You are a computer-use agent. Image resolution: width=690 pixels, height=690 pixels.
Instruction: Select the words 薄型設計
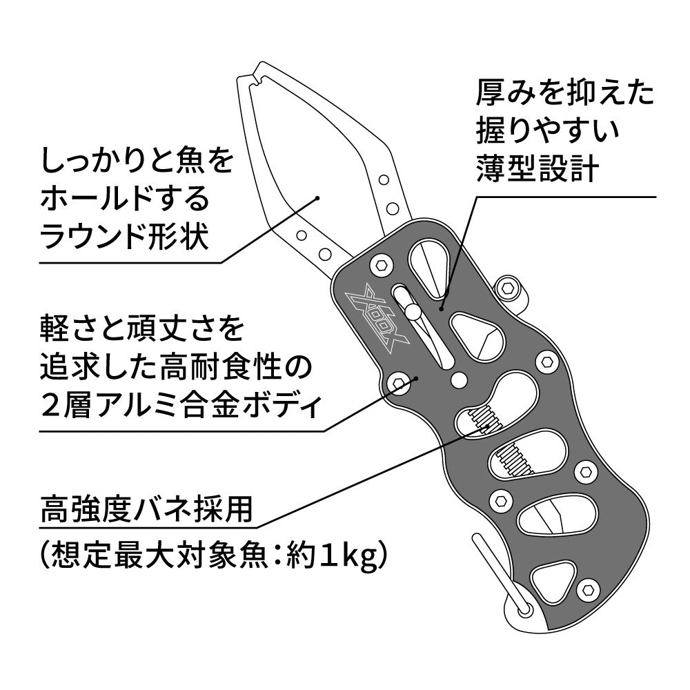pos(538,168)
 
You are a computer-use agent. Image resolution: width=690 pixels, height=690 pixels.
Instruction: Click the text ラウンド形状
pos(124,236)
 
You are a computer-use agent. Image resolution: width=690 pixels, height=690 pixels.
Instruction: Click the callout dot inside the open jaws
pos(317,198)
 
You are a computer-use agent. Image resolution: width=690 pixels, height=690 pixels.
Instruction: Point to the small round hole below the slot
pos(459,379)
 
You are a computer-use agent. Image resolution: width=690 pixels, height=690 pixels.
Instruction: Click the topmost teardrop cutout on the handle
pos(430,268)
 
